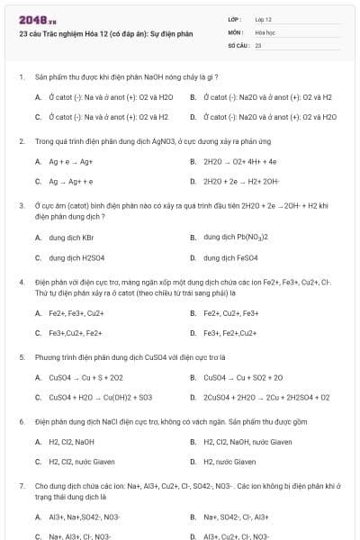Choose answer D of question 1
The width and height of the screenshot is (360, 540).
(x=270, y=116)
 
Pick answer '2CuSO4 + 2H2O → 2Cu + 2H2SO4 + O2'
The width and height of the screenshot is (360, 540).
(x=266, y=397)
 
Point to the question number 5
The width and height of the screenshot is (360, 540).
(x=21, y=356)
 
